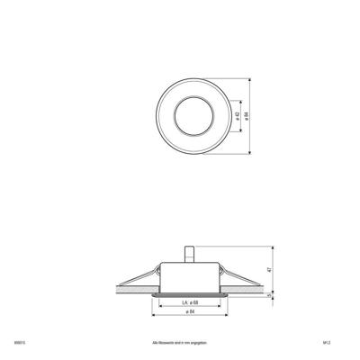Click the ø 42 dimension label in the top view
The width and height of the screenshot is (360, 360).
(237, 116)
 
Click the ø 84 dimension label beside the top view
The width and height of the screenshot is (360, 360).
(248, 116)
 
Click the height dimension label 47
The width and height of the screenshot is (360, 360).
(270, 267)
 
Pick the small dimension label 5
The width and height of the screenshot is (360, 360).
(270, 293)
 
